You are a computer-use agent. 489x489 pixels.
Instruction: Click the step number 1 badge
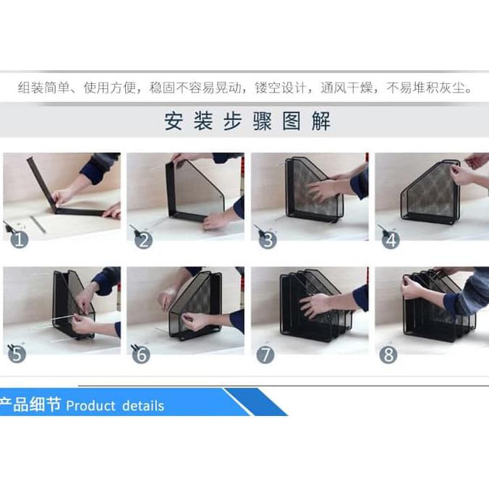20,239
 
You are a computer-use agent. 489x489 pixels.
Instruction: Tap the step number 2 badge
143,240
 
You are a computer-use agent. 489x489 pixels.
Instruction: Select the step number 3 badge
268,240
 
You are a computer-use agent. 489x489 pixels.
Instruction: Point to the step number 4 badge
391,240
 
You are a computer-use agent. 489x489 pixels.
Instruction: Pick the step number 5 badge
17,354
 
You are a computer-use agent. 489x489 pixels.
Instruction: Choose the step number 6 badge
141,354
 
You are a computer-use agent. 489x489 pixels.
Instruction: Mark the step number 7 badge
265,354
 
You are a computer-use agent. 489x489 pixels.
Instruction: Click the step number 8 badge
388,354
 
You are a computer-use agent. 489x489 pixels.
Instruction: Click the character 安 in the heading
174,121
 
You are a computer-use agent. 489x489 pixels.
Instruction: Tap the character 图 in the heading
292,121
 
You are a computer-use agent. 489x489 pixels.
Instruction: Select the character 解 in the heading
321,121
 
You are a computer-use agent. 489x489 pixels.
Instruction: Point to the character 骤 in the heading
263,121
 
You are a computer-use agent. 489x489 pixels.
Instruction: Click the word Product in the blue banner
90,406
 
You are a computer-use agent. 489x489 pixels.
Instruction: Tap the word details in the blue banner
143,406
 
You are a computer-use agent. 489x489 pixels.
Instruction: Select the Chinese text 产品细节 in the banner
30,404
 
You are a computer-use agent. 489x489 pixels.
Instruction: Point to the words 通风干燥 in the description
346,88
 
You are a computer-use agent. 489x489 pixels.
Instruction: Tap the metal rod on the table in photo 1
38,224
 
